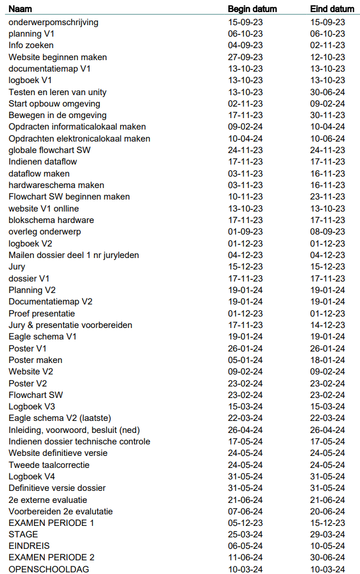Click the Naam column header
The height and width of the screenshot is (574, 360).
tap(19, 9)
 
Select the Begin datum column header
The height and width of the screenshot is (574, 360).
tap(252, 9)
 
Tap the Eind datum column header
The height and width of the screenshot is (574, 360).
tap(332, 9)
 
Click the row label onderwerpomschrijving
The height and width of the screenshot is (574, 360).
tap(54, 22)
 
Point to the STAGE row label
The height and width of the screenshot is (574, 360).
tap(23, 535)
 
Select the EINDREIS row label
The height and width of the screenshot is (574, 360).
tap(29, 546)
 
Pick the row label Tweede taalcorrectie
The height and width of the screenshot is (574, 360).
tap(49, 465)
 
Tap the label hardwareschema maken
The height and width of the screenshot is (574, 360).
tap(56, 185)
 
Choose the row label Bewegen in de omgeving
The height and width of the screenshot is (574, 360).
tap(57, 115)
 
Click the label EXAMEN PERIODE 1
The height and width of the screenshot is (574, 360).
tap(51, 523)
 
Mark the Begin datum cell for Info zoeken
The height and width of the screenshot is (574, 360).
tap(245, 45)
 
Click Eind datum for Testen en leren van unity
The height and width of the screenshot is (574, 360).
tap(328, 92)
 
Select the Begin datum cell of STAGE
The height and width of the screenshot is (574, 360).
tap(245, 535)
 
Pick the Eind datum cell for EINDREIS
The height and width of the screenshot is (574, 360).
tap(328, 546)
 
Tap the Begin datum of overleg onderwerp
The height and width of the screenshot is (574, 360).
tap(245, 232)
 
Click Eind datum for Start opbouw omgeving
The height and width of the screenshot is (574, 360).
tap(328, 104)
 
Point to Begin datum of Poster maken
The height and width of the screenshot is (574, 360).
tap(245, 360)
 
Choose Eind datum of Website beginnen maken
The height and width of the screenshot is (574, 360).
tap(328, 57)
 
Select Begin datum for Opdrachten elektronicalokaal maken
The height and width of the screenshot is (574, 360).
tap(245, 139)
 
